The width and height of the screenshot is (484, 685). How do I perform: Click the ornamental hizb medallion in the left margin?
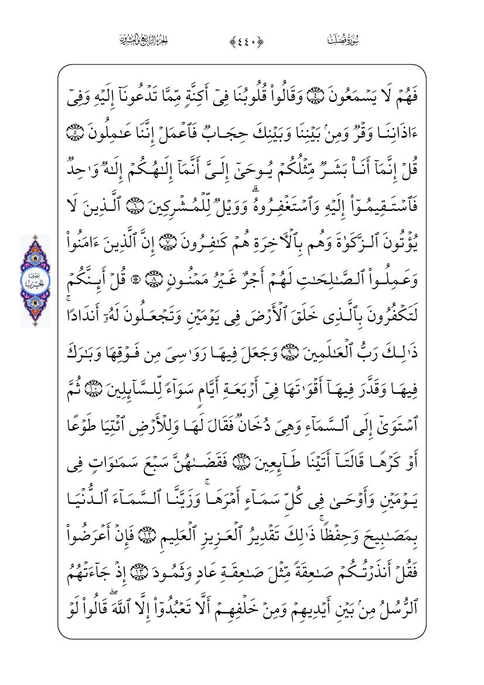coord(35,281)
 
